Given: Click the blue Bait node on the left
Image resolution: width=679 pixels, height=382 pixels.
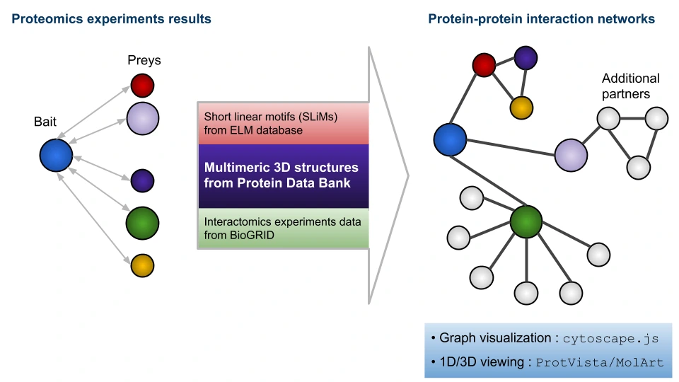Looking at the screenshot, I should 56,155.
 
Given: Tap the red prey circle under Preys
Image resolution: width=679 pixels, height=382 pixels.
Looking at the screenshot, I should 142,86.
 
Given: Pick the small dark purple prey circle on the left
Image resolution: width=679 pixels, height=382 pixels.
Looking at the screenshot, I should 142,180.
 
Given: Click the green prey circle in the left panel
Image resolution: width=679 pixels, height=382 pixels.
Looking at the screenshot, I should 142,223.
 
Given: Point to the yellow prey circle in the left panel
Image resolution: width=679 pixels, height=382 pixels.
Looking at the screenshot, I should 142,265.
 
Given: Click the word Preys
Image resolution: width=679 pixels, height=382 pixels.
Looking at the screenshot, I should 144,60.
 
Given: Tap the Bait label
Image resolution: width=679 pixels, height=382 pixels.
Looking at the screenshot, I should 45,122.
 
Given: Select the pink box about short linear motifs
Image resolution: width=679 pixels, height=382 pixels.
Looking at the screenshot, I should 283,123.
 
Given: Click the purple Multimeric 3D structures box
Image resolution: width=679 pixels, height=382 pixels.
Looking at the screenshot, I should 283,175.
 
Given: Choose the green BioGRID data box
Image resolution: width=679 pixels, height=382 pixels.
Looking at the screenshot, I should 283,227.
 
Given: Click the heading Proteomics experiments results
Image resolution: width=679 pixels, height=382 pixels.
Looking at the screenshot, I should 111,19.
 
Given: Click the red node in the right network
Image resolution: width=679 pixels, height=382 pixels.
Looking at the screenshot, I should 484,65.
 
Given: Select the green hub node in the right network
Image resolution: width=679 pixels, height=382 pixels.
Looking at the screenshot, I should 526,221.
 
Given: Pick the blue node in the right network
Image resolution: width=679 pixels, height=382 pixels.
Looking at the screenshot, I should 450,139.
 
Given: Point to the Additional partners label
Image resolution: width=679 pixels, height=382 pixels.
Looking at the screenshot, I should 630,86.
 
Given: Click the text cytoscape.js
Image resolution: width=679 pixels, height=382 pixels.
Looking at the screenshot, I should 610,338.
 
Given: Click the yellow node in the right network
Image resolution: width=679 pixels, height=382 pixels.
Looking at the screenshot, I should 521,107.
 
